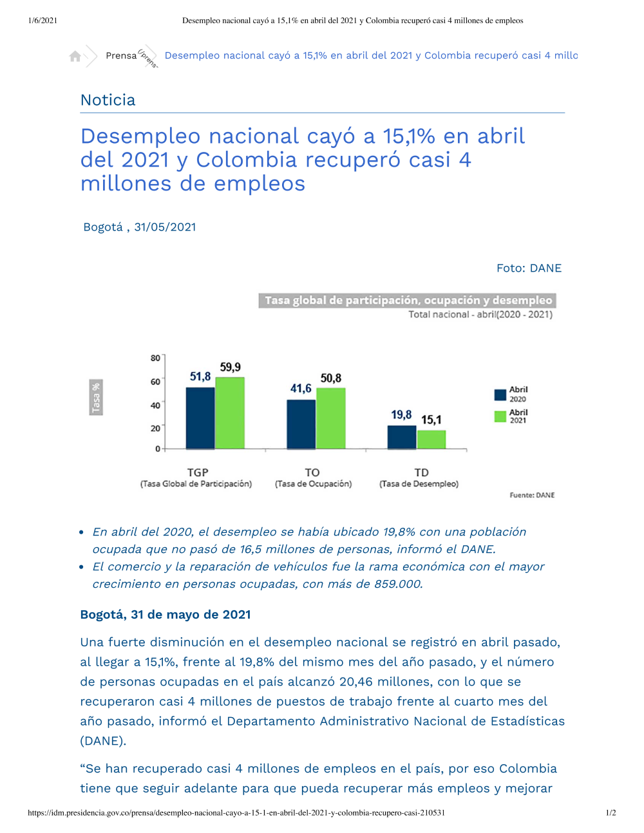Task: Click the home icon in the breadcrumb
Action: point(75,57)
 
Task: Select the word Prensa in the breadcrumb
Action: point(121,55)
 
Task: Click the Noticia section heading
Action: point(108,100)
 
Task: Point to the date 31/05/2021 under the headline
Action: point(165,227)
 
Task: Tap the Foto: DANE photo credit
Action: point(529,268)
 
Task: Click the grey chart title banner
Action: point(407,300)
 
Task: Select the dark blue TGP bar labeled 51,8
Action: point(200,418)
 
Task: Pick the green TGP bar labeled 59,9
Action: point(230,413)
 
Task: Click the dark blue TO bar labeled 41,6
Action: point(301,424)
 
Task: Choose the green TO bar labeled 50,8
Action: point(331,418)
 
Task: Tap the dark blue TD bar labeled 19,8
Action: point(402,437)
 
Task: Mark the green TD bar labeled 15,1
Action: point(431,440)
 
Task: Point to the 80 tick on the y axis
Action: point(155,358)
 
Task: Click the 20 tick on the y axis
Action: point(155,428)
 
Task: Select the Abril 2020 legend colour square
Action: point(500,395)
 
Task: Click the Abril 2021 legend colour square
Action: point(500,416)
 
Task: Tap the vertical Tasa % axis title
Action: point(96,397)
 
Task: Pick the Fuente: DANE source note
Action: point(532,495)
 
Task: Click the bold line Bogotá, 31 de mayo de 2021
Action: point(166,615)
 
